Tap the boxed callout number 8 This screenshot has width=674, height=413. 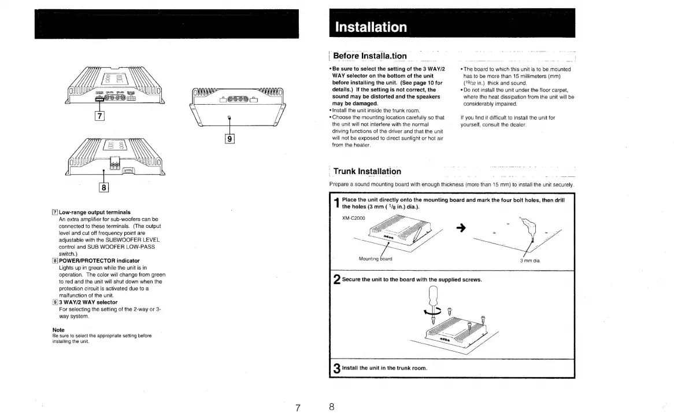pos(105,186)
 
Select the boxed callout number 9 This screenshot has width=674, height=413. pos(230,138)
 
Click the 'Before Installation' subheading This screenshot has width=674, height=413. pos(370,56)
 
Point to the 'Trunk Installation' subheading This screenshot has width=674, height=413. pos(367,171)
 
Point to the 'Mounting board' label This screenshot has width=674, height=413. pos(375,259)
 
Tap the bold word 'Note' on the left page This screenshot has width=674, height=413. pos(58,330)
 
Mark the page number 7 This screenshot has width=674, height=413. pos(297,407)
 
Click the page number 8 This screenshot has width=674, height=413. pos(332,407)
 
